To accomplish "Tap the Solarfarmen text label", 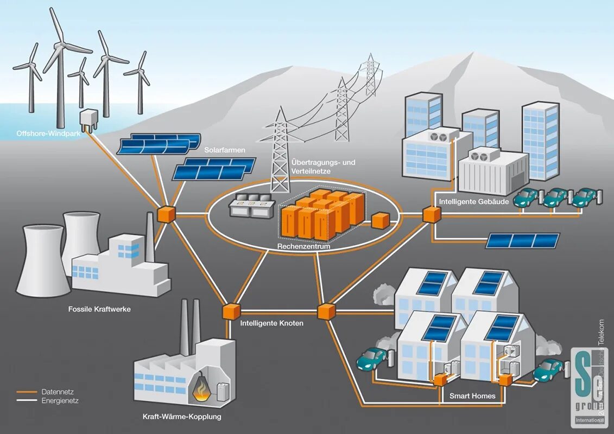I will [225, 150].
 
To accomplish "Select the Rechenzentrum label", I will [303, 246].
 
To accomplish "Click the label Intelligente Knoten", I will [271, 323].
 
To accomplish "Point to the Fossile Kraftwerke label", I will [99, 309].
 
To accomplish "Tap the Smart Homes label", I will [472, 396].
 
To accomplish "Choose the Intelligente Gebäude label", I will [474, 202].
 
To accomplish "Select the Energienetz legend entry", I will [60, 400].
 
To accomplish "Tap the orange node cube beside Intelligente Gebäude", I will [432, 214].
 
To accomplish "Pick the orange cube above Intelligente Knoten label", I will [231, 311].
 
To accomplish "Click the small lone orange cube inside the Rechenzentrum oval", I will [381, 220].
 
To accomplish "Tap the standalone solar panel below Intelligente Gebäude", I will [522, 240].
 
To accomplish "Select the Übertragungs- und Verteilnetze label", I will [323, 167].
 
